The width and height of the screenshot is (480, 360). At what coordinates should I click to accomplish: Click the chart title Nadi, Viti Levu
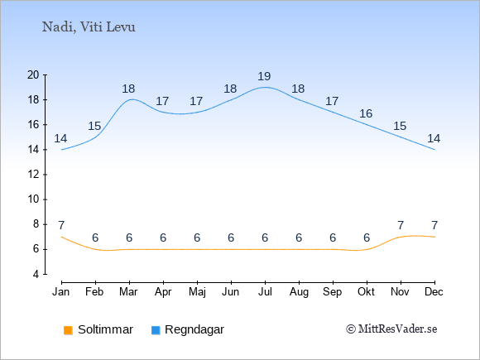(x=89, y=27)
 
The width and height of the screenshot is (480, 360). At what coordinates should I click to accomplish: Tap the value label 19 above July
(x=264, y=76)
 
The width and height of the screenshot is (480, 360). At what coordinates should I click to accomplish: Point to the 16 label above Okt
(x=366, y=114)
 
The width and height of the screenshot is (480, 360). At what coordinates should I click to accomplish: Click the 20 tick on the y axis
(x=33, y=74)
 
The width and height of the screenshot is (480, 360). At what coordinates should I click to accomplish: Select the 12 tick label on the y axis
(x=33, y=175)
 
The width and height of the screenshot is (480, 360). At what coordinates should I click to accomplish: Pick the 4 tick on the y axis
(x=36, y=274)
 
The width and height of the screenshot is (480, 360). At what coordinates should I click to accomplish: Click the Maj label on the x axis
(x=197, y=292)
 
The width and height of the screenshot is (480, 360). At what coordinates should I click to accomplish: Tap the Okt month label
(x=366, y=292)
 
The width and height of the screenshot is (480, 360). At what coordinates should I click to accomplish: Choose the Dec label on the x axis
(x=434, y=292)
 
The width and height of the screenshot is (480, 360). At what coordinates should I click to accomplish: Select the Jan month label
(x=61, y=292)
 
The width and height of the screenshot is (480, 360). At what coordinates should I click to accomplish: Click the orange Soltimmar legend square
(x=68, y=330)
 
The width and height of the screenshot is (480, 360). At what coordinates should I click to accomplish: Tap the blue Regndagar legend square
(x=156, y=330)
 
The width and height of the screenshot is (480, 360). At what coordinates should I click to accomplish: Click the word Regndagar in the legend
(x=194, y=329)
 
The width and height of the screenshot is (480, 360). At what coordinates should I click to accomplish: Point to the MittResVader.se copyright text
(x=391, y=329)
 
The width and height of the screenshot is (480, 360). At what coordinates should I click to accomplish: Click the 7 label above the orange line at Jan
(x=61, y=226)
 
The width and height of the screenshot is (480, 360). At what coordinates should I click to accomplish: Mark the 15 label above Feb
(x=94, y=126)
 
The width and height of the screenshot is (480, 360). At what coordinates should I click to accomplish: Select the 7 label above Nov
(x=401, y=226)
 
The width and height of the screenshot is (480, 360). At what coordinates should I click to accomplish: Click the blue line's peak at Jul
(x=265, y=87)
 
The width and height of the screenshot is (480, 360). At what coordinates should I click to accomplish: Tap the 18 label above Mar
(x=128, y=89)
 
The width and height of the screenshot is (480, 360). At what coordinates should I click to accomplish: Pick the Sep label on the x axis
(x=332, y=292)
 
